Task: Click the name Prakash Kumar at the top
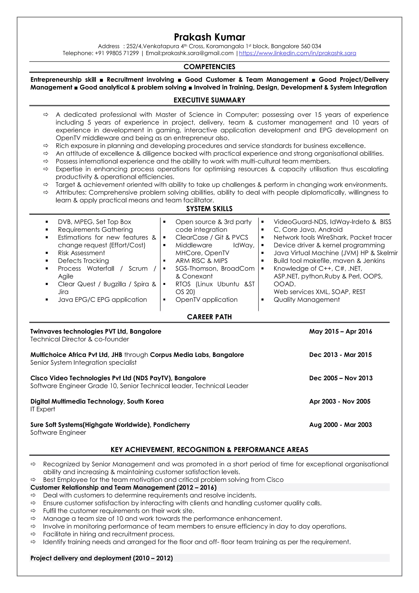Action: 209,37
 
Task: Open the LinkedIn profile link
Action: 297,53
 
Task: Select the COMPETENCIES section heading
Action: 209,67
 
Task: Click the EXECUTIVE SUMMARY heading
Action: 209,100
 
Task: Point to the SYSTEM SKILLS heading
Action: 209,209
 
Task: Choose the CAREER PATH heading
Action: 209,317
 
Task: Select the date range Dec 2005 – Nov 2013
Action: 341,378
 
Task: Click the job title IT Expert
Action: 43,409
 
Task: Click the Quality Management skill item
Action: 306,300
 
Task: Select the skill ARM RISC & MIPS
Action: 201,261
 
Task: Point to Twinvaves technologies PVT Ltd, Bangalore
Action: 96,331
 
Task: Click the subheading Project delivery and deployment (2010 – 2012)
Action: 101,558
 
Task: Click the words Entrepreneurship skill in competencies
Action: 63,79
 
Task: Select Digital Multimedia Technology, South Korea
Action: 97,402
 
